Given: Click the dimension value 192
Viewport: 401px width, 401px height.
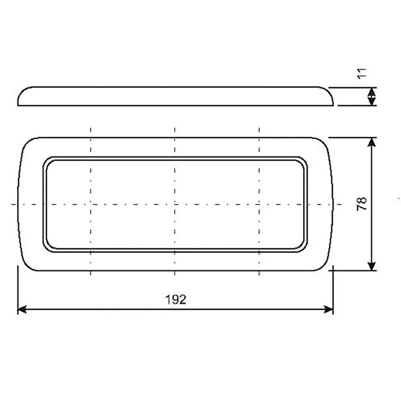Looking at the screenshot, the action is (176, 299).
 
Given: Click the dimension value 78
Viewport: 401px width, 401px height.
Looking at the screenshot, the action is (362, 204).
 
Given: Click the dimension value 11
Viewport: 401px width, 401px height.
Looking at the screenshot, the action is (362, 73).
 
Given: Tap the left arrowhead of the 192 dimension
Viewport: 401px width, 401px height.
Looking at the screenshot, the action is (22, 310).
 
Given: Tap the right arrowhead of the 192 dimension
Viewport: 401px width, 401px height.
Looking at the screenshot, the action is (329, 310).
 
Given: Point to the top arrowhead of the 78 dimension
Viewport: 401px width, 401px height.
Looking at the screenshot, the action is (372, 142).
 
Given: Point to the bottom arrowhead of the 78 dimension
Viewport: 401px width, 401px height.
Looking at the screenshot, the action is (372, 266).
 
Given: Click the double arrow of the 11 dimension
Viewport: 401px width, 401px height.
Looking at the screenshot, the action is (372, 96).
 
